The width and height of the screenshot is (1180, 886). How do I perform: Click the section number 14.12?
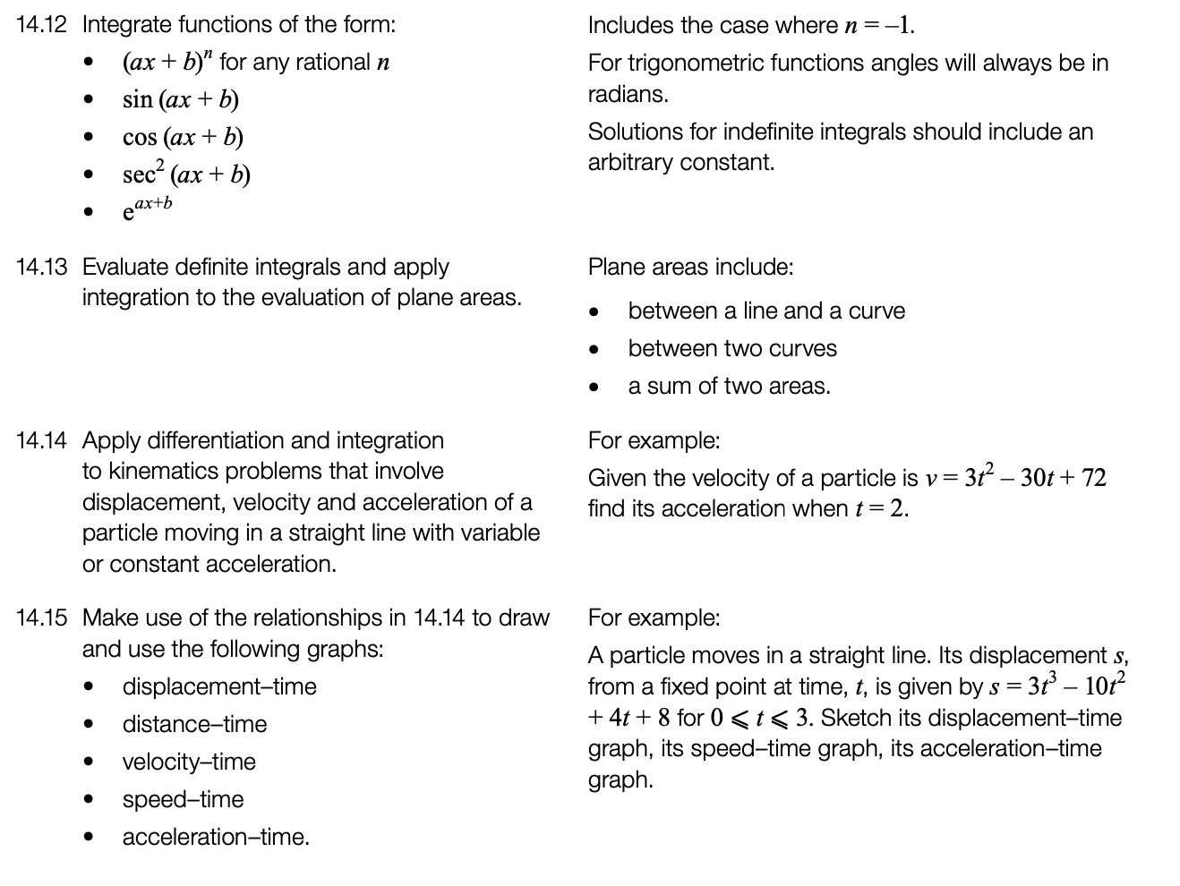coord(41,25)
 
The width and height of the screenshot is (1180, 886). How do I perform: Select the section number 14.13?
coord(41,267)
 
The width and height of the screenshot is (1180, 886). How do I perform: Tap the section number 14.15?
coord(41,618)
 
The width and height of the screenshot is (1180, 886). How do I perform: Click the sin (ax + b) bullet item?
coord(181,99)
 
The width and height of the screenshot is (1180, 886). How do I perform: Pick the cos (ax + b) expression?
coord(183,137)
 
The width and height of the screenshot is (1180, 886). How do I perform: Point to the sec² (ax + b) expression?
coord(186,174)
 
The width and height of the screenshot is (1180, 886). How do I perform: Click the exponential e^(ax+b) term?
coord(147,209)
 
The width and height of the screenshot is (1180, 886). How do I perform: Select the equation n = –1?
coord(879,25)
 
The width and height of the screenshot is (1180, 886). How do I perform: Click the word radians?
coord(628,94)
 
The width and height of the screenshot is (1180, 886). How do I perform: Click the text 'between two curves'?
coord(732,348)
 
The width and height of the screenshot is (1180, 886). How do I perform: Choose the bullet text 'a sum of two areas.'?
coord(729,386)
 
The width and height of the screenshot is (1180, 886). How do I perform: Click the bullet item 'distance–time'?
coord(194,724)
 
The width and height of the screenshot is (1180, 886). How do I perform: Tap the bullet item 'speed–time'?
coord(183,799)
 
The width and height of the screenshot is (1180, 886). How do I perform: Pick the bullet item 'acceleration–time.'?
coord(216,837)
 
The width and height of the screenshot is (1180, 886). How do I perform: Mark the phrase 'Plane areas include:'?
coord(690,267)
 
